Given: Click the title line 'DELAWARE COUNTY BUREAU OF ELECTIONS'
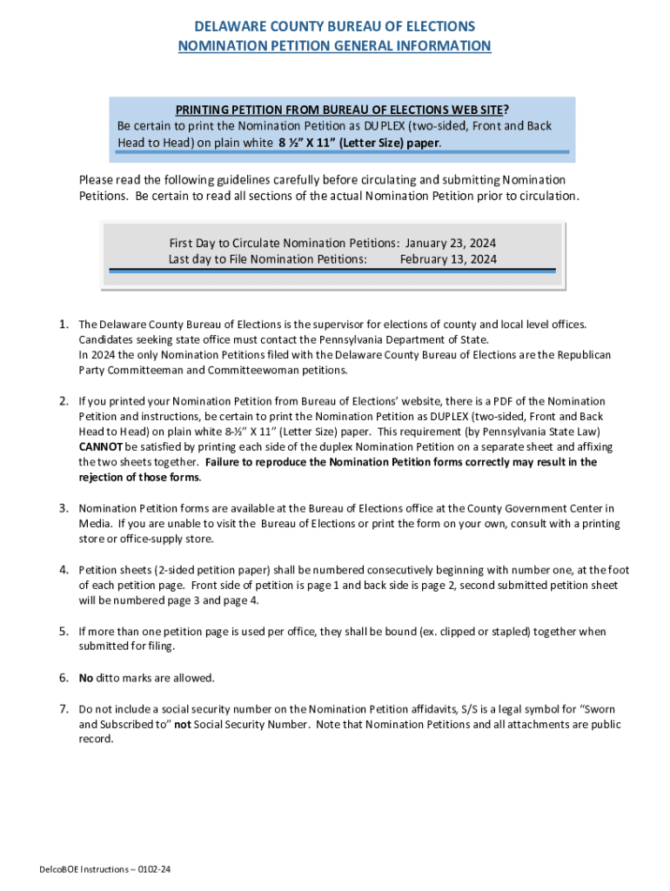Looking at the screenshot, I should point(334,27).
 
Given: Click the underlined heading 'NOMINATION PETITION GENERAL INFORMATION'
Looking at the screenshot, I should point(334,45).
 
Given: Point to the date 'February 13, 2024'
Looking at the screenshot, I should point(449,258).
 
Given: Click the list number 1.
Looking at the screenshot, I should point(64,325).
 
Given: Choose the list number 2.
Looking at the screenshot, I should point(64,401).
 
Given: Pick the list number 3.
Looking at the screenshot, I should point(64,508).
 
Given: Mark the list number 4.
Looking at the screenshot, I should point(64,570).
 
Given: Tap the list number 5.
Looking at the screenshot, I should point(64,632).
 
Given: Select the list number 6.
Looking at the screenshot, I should point(64,678).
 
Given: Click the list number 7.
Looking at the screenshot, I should point(64,708).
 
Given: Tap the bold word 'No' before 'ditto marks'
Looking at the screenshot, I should point(86,678).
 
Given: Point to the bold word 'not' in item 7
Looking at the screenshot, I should point(183,724).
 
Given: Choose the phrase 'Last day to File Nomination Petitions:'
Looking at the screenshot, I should point(267,258).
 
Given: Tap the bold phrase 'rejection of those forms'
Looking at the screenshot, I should point(139,478).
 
